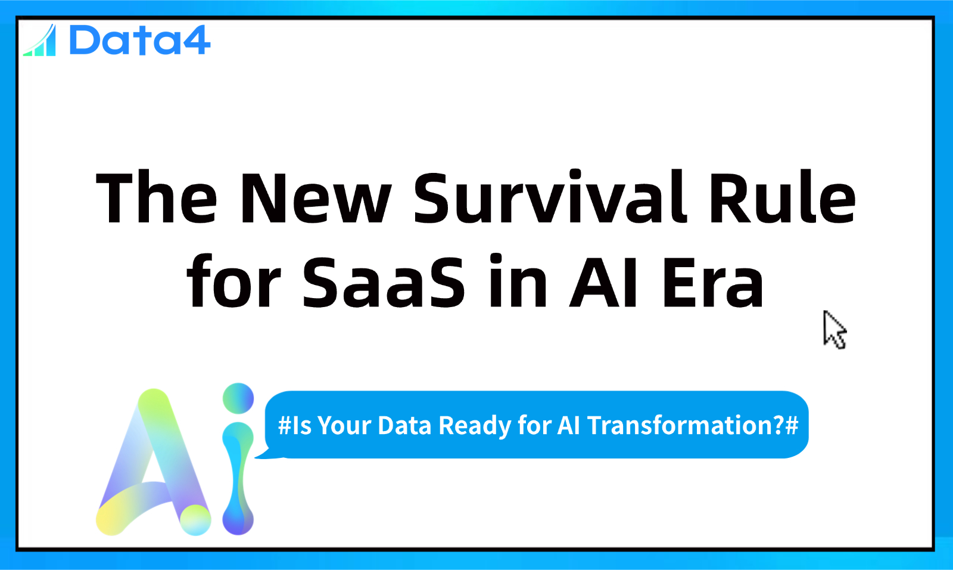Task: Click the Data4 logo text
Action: [139, 39]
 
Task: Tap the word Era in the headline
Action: [713, 283]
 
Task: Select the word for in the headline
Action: [233, 280]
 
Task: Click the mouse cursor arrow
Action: [834, 330]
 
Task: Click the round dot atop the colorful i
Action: [238, 398]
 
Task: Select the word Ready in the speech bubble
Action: [474, 426]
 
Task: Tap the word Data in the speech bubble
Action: [404, 426]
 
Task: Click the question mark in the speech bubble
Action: [778, 425]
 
